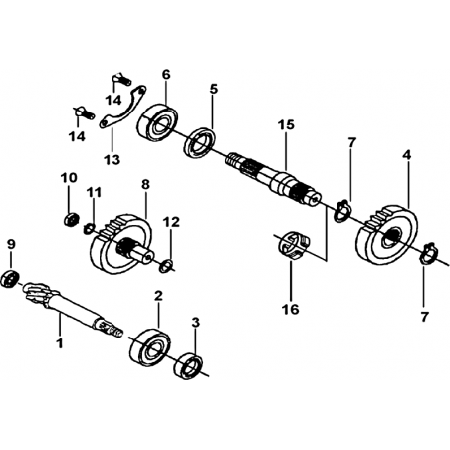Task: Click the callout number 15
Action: [286, 125]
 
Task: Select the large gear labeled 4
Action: [387, 234]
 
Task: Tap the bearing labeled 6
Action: [157, 121]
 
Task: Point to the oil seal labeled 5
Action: [200, 142]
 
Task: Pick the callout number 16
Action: [291, 309]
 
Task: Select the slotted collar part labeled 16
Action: [293, 245]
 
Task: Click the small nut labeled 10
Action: [71, 220]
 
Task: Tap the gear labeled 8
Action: [121, 245]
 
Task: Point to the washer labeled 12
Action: [166, 266]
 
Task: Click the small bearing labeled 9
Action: [10, 279]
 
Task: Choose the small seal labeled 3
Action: [188, 366]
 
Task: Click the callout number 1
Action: [60, 343]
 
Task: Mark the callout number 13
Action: [112, 160]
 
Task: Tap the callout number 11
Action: [94, 192]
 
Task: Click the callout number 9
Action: [11, 245]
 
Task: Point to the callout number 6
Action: [166, 75]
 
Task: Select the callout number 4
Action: [407, 155]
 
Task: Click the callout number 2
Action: [159, 296]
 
